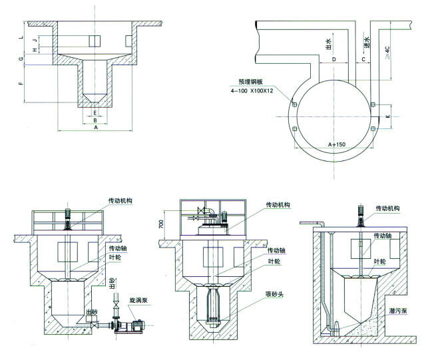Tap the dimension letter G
pyautogui.click(x=21, y=61)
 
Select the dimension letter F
pyautogui.click(x=21, y=85)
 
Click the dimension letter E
pyautogui.click(x=95, y=113)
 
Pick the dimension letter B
pyautogui.click(x=95, y=120)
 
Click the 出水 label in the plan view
pyautogui.click(x=328, y=45)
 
